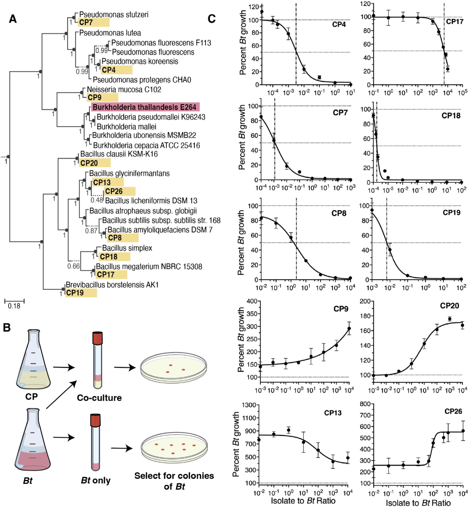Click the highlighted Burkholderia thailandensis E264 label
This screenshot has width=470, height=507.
(145, 107)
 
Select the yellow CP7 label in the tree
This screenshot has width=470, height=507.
(93, 22)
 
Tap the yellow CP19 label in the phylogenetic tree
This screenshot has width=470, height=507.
(81, 293)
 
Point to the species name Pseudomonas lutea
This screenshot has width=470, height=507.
(110, 33)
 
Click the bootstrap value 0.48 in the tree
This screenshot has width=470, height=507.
(97, 200)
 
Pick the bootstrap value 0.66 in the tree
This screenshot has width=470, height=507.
(73, 266)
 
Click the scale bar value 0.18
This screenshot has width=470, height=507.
(14, 306)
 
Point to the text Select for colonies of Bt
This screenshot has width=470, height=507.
(174, 481)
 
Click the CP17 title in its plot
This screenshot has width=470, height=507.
(455, 21)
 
